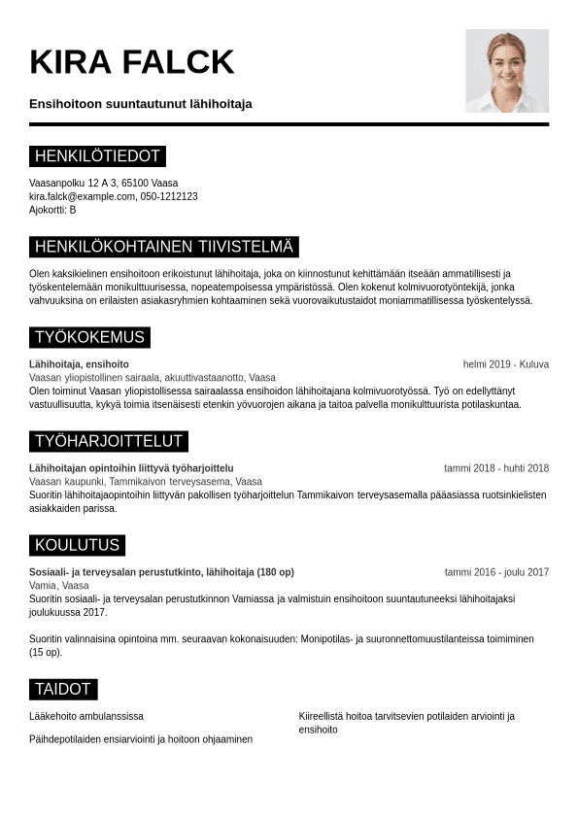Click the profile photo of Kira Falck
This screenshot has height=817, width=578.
506,71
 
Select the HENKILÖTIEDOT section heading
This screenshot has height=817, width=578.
97,156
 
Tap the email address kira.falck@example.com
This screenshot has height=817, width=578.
83,196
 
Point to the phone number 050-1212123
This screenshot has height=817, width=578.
169,196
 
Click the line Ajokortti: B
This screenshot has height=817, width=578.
52,210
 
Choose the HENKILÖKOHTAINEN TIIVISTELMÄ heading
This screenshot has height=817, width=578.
163,247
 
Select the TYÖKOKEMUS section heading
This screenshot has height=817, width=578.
89,338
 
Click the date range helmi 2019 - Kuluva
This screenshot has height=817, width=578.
505,364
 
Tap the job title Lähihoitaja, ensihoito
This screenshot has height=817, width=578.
79,364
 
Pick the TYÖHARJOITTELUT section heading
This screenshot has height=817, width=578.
109,442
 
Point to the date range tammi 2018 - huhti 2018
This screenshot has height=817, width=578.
496,468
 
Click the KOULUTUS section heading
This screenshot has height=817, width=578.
77,545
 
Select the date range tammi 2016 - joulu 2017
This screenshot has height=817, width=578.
496,572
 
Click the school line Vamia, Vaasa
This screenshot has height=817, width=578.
59,586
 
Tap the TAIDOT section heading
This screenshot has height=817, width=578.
63,690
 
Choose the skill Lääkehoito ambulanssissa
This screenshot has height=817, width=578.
86,716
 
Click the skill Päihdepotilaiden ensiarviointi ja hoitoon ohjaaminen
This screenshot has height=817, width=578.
141,739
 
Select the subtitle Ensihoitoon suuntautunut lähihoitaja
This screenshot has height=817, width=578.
141,104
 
